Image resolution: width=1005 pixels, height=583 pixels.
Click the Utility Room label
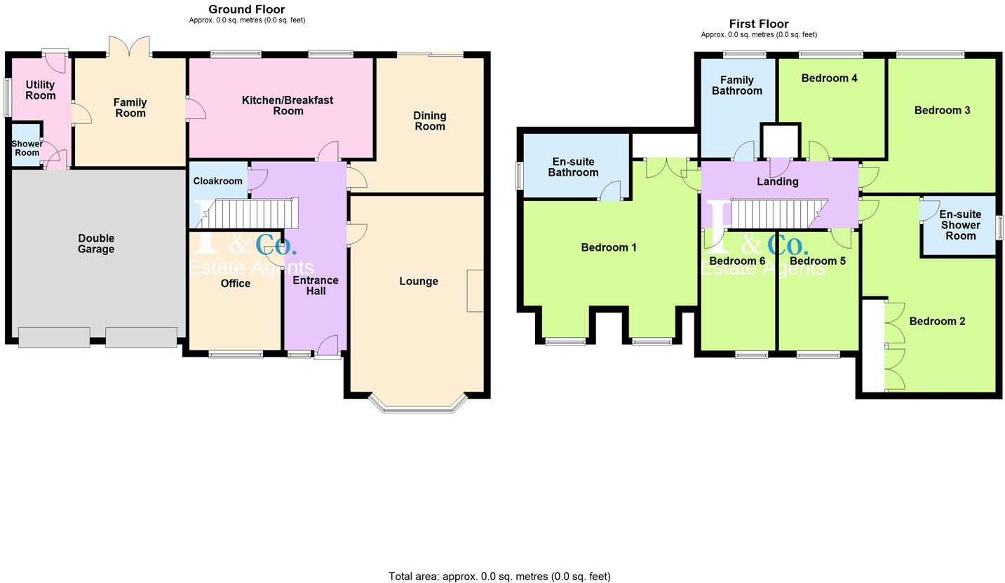point(40,90)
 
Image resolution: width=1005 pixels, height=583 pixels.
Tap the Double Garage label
point(96,244)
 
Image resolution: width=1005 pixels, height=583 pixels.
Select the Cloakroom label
point(217,181)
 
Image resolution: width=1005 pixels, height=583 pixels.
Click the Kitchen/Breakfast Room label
point(288,105)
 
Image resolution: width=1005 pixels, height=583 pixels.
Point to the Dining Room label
point(429,121)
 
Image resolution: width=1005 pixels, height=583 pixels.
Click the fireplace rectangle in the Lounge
point(475,291)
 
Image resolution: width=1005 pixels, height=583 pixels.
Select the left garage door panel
point(54,337)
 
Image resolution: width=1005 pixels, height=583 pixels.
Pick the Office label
point(236,284)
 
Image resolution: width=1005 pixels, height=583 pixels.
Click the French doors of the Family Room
point(129,48)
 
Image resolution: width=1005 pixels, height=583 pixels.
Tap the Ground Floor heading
point(247,10)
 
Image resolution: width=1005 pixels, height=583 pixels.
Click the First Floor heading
point(759,25)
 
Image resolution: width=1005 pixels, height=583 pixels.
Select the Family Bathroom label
point(736,85)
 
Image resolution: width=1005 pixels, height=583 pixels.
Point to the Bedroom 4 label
point(829,78)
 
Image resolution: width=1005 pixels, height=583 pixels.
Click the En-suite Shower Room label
point(960,225)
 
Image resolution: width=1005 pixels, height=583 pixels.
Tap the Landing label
point(777,182)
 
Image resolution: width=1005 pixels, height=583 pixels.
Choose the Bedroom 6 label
point(737,261)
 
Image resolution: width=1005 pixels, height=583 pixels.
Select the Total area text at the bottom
point(499,576)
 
